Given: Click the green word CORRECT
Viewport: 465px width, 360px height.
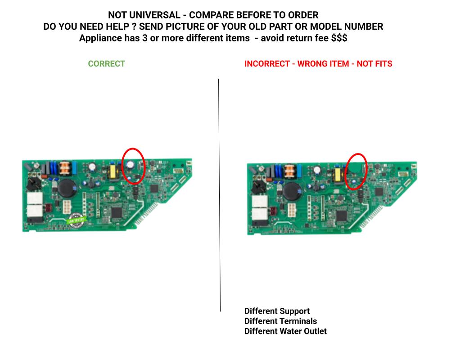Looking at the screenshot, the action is (x=107, y=64).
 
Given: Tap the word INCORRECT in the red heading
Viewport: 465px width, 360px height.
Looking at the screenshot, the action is (x=267, y=64).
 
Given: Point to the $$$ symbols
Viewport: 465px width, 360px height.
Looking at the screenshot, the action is (x=339, y=38).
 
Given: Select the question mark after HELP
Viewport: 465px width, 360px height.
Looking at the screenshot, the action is (x=134, y=27).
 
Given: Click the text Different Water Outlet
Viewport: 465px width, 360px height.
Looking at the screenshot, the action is (x=285, y=331).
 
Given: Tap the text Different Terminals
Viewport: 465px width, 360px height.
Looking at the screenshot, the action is (x=280, y=321).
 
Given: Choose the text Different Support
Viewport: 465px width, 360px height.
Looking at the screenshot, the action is (x=277, y=311).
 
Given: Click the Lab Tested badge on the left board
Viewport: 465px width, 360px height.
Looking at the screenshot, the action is (x=76, y=220).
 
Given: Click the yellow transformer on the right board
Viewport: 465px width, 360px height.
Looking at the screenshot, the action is (x=338, y=175).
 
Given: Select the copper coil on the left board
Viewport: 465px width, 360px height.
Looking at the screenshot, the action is (x=65, y=168).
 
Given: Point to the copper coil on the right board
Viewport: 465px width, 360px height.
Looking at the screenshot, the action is (x=289, y=171).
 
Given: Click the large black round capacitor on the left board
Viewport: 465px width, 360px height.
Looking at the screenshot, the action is (x=67, y=188).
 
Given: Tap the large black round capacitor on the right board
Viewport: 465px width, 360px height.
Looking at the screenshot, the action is (x=292, y=191).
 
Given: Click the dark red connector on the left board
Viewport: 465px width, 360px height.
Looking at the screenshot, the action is (x=48, y=207).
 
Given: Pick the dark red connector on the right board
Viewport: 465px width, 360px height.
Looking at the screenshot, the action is (x=272, y=211).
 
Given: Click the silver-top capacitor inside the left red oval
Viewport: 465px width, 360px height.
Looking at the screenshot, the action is (x=130, y=165).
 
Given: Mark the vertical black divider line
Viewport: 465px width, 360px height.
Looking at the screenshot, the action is (x=220, y=195).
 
